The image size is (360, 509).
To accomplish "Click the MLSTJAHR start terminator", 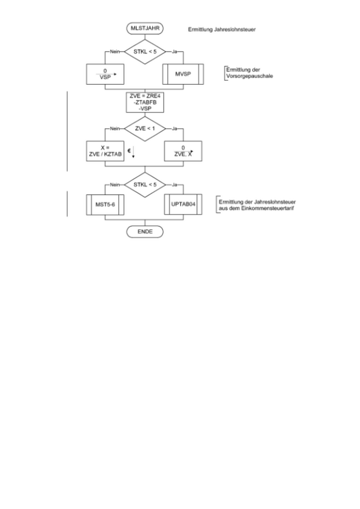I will point(145,29).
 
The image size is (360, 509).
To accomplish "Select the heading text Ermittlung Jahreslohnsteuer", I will point(222,30).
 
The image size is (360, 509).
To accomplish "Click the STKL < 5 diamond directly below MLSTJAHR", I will point(145,51).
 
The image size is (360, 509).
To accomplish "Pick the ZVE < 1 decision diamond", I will point(145,129).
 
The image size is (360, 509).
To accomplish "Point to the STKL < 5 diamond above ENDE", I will point(145,184).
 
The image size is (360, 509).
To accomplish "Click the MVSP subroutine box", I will point(183,74).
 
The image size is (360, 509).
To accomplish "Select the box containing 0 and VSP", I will point(106,74).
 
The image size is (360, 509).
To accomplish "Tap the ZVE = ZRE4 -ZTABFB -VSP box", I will point(145,101).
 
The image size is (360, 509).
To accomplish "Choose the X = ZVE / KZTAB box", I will point(106,151).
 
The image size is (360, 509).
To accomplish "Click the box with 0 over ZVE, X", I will point(183,151).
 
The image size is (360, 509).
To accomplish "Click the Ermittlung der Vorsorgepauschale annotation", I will point(249,72).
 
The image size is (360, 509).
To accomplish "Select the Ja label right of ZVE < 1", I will point(174,129).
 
